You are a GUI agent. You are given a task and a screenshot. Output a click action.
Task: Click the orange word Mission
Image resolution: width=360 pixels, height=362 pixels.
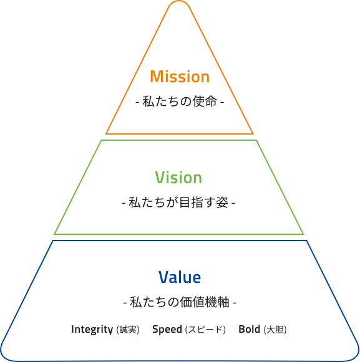click(180, 77)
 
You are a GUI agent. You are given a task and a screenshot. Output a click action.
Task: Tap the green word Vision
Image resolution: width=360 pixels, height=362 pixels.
click(178, 178)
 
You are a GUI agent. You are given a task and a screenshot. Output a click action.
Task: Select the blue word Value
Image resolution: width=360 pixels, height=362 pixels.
click(180, 277)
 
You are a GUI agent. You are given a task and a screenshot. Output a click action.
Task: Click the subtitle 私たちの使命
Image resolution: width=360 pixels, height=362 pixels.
click(180, 102)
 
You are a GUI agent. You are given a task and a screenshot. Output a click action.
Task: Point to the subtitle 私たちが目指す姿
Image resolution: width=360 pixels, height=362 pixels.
click(178, 202)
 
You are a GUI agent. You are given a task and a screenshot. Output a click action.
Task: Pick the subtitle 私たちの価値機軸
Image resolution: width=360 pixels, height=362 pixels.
click(180, 302)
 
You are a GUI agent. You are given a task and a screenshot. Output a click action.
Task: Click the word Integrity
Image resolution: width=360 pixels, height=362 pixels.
click(92, 330)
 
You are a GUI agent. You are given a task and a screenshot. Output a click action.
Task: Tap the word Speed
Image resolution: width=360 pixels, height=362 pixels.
click(167, 330)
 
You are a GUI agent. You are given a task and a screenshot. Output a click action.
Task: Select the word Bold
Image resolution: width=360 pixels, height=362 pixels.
click(249, 329)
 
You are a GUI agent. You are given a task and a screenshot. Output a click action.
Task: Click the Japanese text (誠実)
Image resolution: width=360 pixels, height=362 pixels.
click(128, 330)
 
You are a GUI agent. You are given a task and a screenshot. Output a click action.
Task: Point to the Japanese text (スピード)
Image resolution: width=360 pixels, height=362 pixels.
click(205, 330)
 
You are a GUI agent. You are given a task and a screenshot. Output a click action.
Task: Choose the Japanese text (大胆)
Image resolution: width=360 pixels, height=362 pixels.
click(275, 330)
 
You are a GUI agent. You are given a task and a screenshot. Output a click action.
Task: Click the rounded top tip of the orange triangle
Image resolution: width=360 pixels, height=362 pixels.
click(178, 1)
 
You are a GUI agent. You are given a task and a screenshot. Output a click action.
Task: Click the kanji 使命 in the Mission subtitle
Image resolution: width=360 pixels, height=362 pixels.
click(205, 102)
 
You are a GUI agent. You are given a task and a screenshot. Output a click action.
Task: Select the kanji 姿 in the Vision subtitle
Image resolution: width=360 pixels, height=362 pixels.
click(223, 202)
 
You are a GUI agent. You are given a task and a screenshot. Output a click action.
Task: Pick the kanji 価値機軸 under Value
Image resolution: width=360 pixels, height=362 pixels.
click(205, 302)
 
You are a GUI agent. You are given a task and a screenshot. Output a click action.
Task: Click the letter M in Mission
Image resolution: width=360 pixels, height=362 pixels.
click(157, 77)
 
